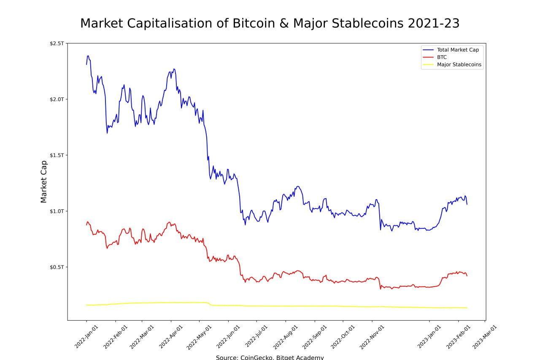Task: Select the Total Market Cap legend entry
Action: [x=458, y=50]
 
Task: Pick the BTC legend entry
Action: [x=442, y=57]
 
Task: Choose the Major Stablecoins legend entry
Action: [x=459, y=65]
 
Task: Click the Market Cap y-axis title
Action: [x=44, y=181]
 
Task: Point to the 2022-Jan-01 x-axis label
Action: [x=86, y=336]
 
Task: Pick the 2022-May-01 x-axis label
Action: [x=199, y=336]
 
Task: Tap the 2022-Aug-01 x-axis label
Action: [x=285, y=336]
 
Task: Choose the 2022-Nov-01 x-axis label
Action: [x=372, y=336]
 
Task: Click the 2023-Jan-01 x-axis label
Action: [x=429, y=336]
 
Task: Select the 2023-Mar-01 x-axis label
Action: [x=484, y=336]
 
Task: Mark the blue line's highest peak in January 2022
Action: [x=88, y=56]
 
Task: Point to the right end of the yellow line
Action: [x=467, y=308]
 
